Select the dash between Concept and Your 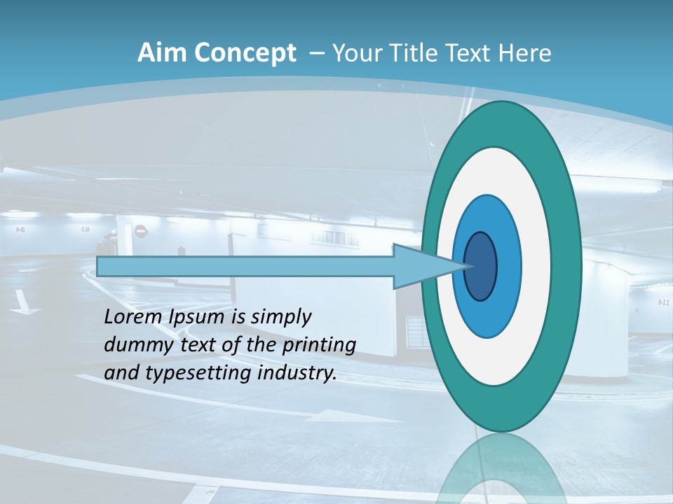[x=315, y=54]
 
